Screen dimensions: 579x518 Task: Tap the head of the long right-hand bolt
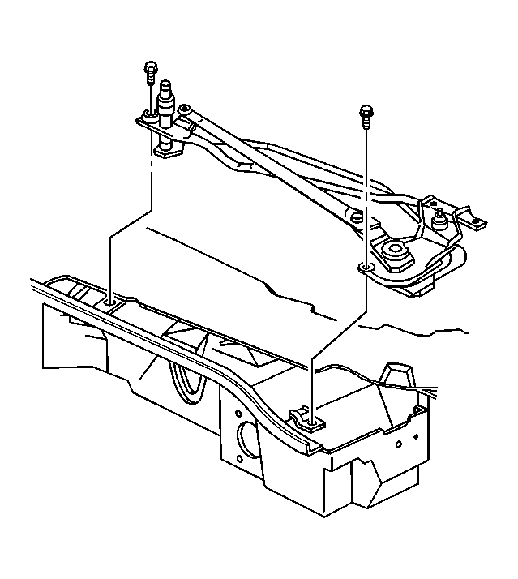[366, 111]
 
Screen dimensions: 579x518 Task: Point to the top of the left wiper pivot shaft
[169, 87]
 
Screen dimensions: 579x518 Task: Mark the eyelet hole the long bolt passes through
[366, 266]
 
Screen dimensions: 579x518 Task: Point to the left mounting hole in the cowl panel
[110, 301]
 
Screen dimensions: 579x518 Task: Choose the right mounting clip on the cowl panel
[309, 418]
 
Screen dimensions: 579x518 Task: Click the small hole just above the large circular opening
[242, 406]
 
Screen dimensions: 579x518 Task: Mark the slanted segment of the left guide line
[130, 222]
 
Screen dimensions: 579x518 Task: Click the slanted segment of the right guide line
[338, 333]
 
